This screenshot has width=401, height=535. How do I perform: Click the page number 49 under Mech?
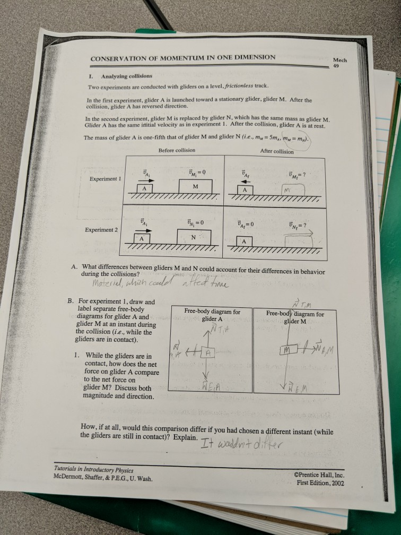[x=336, y=66]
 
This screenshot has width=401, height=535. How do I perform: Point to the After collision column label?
[x=277, y=151]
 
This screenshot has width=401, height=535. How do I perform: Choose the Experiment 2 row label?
[x=102, y=230]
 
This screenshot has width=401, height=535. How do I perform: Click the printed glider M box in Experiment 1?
[x=195, y=187]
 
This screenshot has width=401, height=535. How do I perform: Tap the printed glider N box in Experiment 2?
[x=194, y=237]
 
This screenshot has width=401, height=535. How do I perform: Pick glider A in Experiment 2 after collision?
[x=244, y=241]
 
